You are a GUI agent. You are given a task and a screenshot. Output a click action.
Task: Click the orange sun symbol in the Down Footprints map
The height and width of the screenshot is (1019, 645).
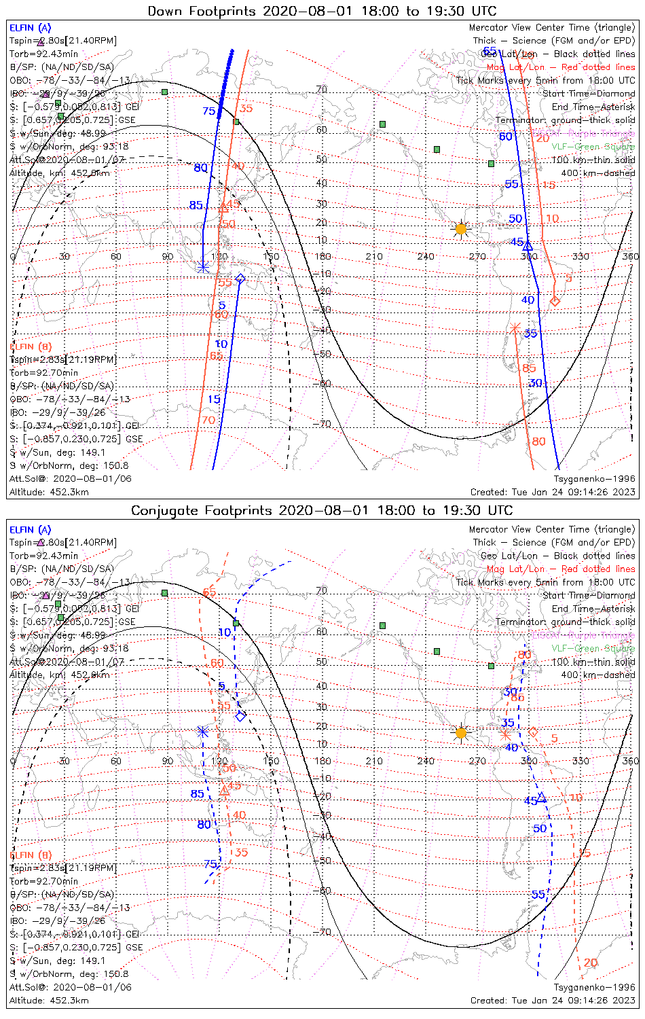[x=461, y=229]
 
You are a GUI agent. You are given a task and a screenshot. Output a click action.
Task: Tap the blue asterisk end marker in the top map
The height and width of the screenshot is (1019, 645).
[x=202, y=266]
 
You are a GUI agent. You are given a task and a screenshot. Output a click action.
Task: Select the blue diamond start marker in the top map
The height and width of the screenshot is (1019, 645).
[x=240, y=279]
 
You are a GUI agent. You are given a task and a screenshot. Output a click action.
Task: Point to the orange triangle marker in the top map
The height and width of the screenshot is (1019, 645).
[x=224, y=207]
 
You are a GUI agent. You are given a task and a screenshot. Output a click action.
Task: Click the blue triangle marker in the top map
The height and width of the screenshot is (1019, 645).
[x=528, y=245]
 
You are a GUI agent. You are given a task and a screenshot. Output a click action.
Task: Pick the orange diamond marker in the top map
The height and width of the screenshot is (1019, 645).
[x=555, y=300]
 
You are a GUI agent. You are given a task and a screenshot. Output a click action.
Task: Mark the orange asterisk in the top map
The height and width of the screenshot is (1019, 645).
[x=515, y=328]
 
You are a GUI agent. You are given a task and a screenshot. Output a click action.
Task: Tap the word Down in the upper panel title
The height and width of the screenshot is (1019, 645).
[x=165, y=11]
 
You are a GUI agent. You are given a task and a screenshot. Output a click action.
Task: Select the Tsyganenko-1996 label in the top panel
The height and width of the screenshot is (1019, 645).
[x=594, y=479]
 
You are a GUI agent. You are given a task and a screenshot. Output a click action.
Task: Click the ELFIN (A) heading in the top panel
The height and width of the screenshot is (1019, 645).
[x=30, y=28]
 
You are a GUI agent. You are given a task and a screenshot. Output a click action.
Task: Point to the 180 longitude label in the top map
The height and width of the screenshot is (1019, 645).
[x=323, y=256]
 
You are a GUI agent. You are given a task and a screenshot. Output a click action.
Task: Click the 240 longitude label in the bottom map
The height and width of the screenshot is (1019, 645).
[x=426, y=761]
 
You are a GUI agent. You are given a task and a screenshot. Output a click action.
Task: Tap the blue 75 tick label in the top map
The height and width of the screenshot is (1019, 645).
[x=208, y=111]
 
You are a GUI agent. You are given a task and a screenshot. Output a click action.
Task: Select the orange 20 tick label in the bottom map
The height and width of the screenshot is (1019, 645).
[x=591, y=963]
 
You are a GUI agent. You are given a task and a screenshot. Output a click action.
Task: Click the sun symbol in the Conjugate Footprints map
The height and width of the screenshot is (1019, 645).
[x=461, y=732]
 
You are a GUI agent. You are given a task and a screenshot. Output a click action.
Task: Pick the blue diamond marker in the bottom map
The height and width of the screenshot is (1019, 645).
[x=240, y=716]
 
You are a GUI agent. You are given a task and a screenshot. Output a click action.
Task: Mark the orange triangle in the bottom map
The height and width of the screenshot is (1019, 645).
[x=225, y=791]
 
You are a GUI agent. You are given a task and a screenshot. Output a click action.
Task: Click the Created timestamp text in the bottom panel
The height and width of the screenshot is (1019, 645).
[x=553, y=1001]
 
